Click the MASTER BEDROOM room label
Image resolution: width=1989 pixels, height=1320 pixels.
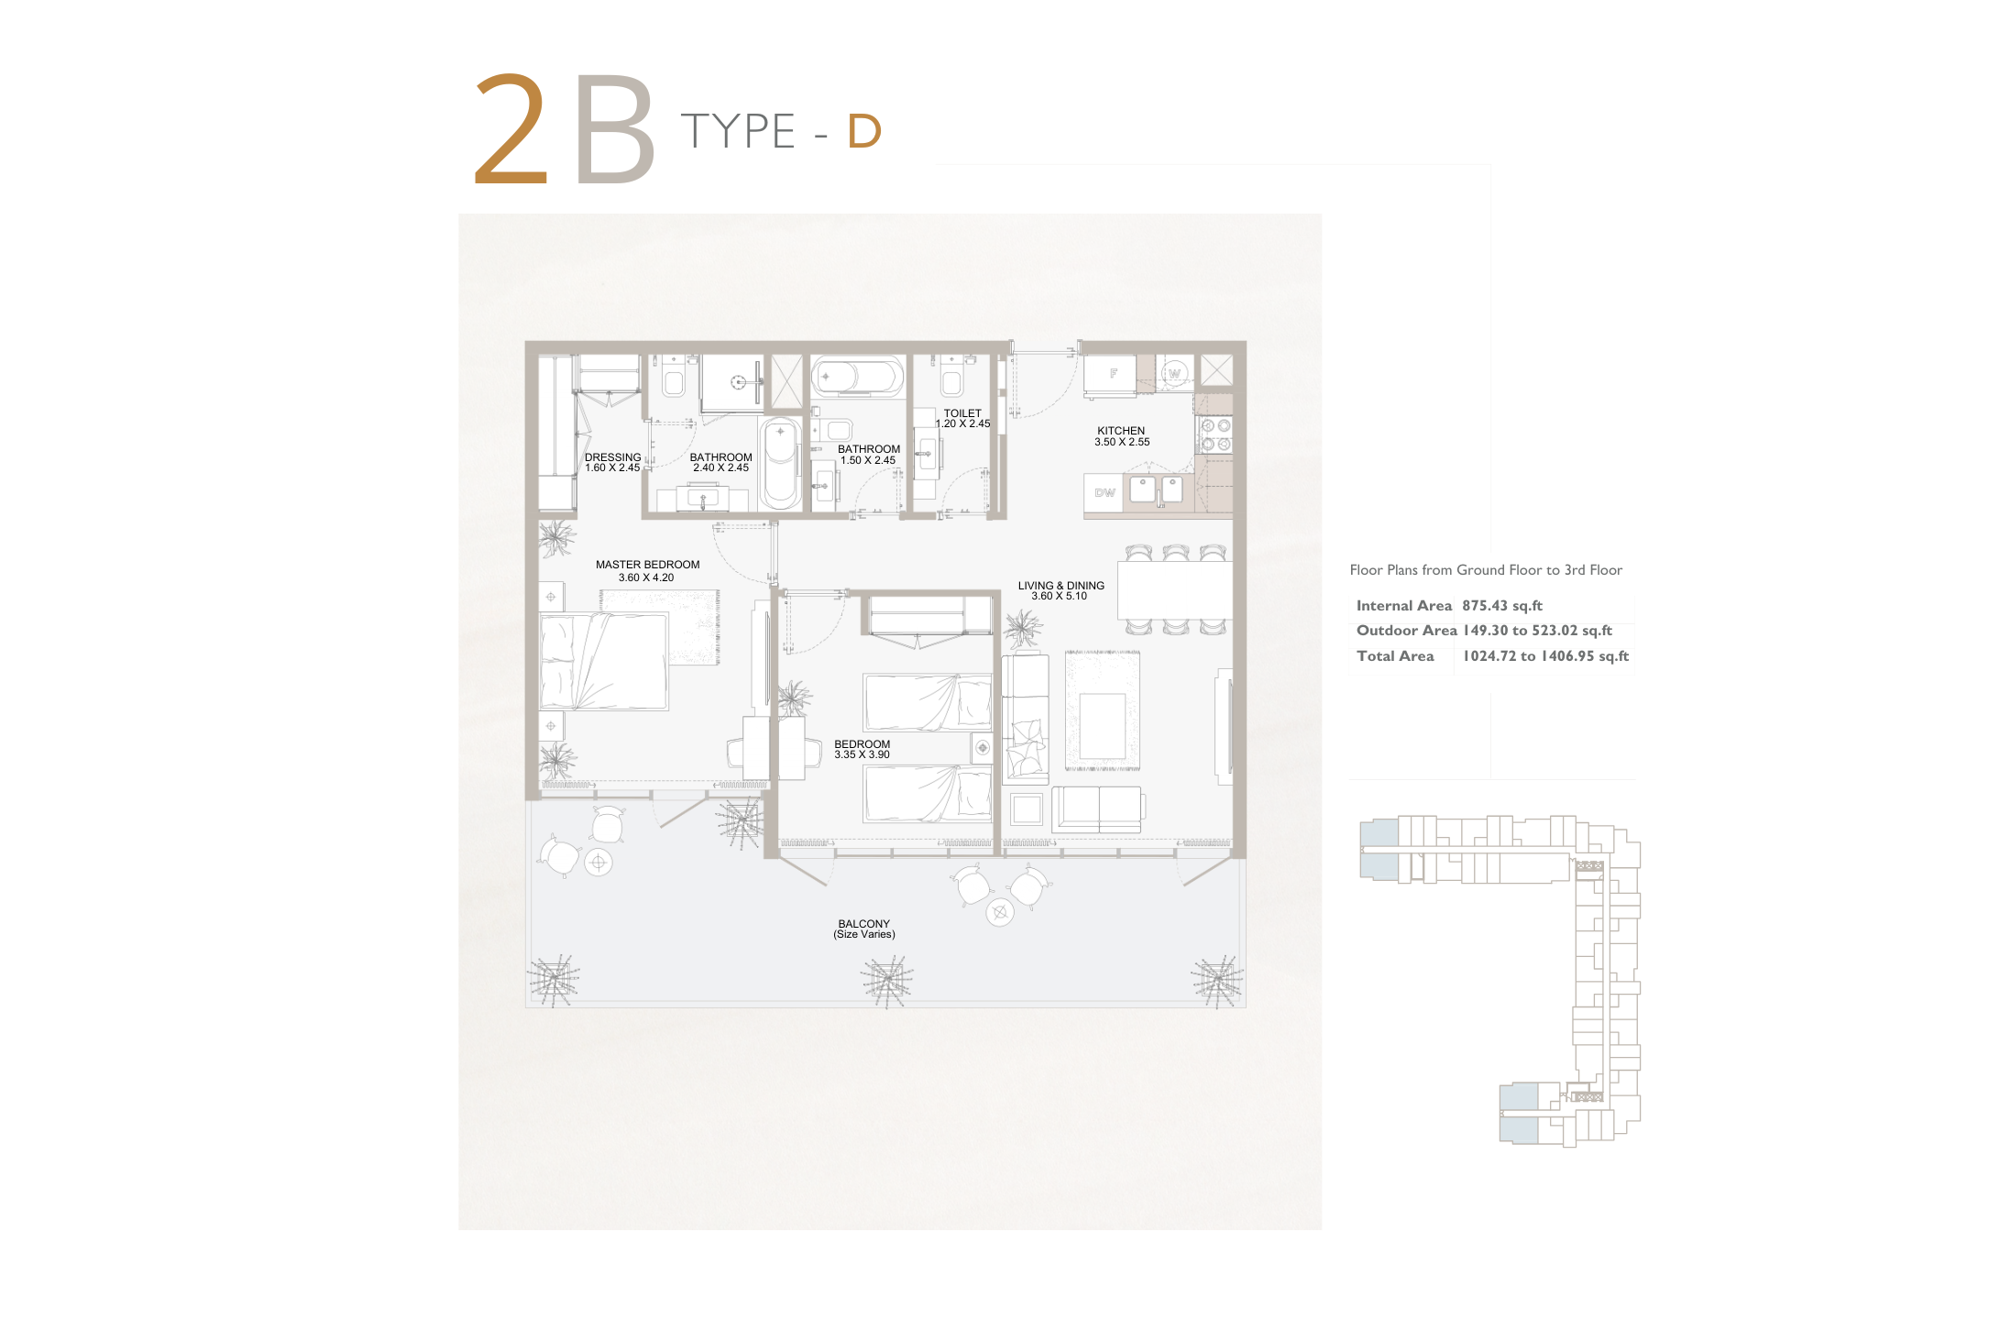[x=647, y=565]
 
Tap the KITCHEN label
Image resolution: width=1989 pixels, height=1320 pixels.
[x=1121, y=431]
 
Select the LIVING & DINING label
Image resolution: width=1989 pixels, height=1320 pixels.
[x=1060, y=586]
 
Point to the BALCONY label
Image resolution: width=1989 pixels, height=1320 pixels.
[x=863, y=924]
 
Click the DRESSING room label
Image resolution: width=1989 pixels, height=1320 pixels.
[x=612, y=457]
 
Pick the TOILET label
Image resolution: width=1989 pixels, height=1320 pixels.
[x=962, y=413]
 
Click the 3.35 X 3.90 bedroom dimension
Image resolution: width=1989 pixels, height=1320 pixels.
[x=862, y=755]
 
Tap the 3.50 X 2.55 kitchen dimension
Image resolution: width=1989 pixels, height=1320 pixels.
[x=1122, y=442]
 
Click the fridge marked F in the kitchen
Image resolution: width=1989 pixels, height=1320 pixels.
[x=1110, y=374]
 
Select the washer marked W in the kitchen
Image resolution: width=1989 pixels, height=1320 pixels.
[x=1174, y=373]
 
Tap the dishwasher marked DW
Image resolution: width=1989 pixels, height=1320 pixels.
[x=1104, y=493]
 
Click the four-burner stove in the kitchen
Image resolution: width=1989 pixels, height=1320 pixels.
[x=1215, y=434]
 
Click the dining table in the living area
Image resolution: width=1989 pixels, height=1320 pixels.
[x=1174, y=589]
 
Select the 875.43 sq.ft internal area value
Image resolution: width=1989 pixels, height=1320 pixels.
[x=1502, y=606]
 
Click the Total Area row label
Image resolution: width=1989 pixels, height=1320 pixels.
[x=1395, y=656]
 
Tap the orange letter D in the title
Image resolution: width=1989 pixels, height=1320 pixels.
[x=864, y=131]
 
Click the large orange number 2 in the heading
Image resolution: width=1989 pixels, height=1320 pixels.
[x=511, y=129]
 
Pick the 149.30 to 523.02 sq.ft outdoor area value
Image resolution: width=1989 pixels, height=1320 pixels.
[x=1537, y=631]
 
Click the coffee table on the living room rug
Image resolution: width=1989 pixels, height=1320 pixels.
[x=1103, y=726]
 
